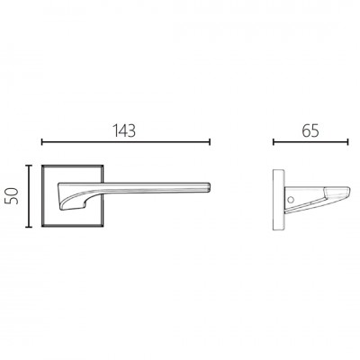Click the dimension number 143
124,130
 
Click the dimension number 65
310,130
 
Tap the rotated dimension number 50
13,196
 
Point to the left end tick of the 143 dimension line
42,142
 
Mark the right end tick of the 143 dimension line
210,142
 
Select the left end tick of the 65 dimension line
274,142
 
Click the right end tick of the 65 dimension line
347,142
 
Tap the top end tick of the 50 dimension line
29,166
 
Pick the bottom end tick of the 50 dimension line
29,227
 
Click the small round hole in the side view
290,199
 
